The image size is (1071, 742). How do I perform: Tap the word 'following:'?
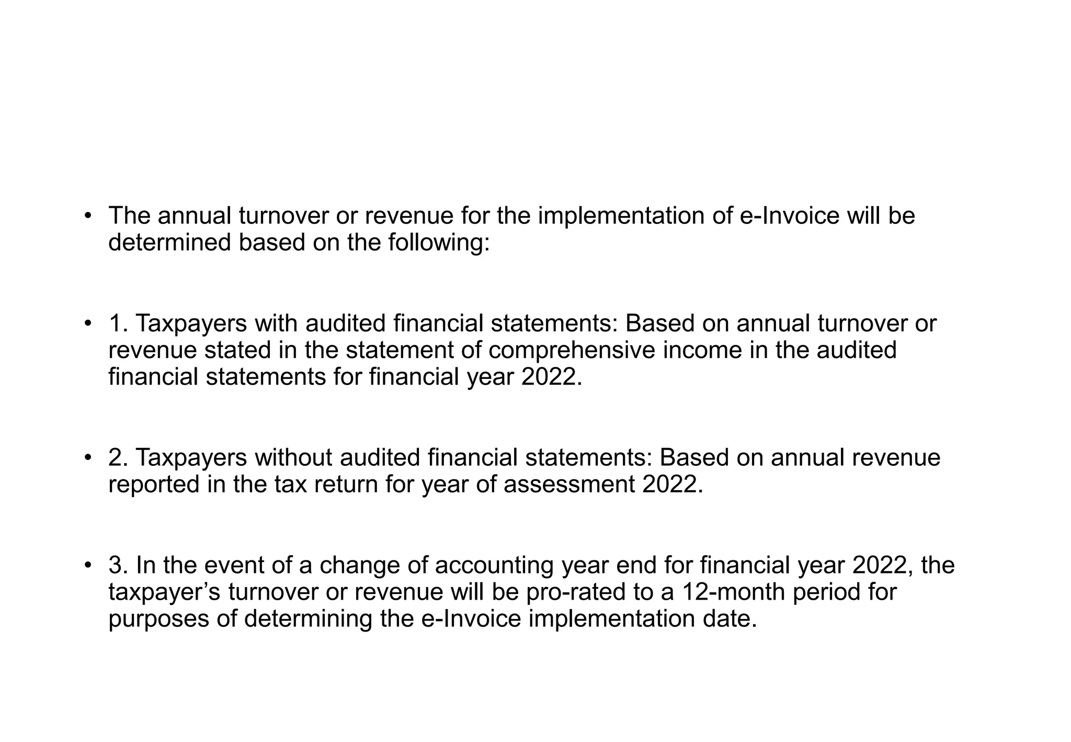coord(439,243)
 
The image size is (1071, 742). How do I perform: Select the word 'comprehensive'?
coord(572,350)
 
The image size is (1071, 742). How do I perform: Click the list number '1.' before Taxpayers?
coord(119,323)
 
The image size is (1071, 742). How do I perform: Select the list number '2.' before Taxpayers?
coord(119,458)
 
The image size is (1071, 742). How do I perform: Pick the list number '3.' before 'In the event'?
coord(119,566)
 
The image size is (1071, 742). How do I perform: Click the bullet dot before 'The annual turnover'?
coord(88,216)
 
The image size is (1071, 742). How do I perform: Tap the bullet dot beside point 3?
coord(88,566)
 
